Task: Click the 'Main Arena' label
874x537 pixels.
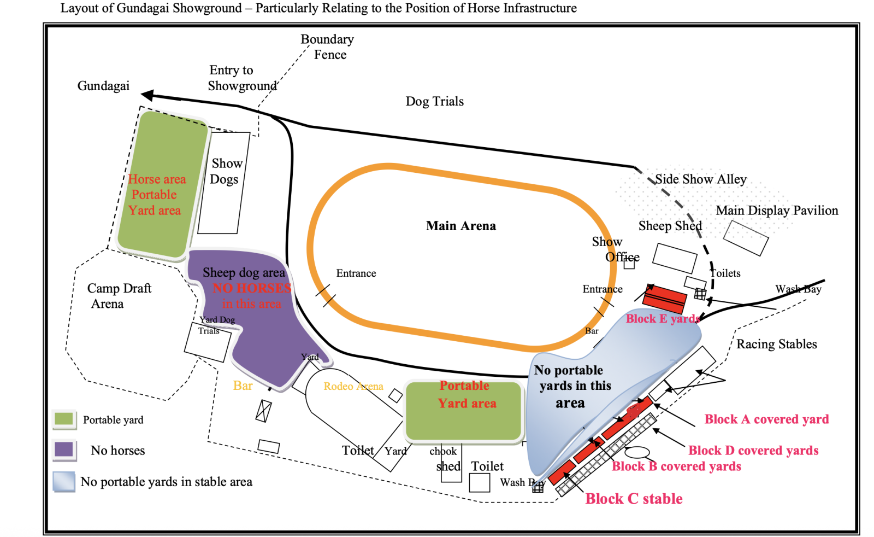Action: pyautogui.click(x=460, y=226)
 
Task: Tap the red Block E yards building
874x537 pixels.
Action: pyautogui.click(x=664, y=299)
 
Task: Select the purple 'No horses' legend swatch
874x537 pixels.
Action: pyautogui.click(x=64, y=450)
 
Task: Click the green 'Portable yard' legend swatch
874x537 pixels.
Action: pyautogui.click(x=64, y=419)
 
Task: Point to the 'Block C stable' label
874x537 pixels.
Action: pyautogui.click(x=634, y=499)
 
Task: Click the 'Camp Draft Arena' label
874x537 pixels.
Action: pyautogui.click(x=119, y=296)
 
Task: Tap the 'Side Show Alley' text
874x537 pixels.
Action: pyautogui.click(x=700, y=179)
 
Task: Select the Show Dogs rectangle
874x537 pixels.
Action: pyautogui.click(x=224, y=183)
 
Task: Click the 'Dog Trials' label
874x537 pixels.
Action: pyautogui.click(x=434, y=101)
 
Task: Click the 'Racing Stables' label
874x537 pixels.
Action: pyautogui.click(x=776, y=344)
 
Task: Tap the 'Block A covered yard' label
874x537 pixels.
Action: pyautogui.click(x=766, y=419)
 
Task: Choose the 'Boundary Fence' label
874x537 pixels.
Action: pyautogui.click(x=328, y=47)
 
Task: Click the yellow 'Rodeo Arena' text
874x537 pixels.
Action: pyautogui.click(x=353, y=387)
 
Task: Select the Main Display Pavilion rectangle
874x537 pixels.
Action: pyautogui.click(x=746, y=238)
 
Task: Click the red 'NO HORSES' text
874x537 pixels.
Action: pyautogui.click(x=251, y=288)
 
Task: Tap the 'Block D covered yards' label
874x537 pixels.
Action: pyautogui.click(x=753, y=451)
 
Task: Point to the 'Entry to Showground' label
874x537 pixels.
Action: pyautogui.click(x=241, y=78)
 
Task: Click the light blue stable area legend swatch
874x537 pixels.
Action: pyautogui.click(x=64, y=482)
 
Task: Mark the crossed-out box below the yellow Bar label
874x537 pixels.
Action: pyautogui.click(x=263, y=411)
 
